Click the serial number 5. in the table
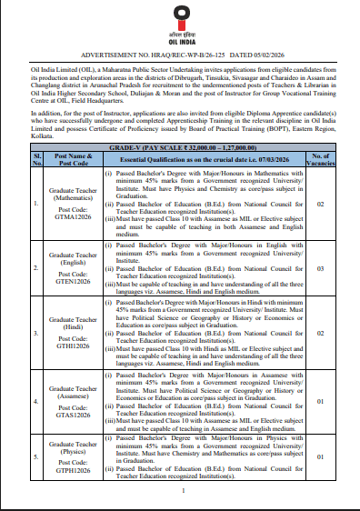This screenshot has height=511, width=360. click(37, 459)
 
